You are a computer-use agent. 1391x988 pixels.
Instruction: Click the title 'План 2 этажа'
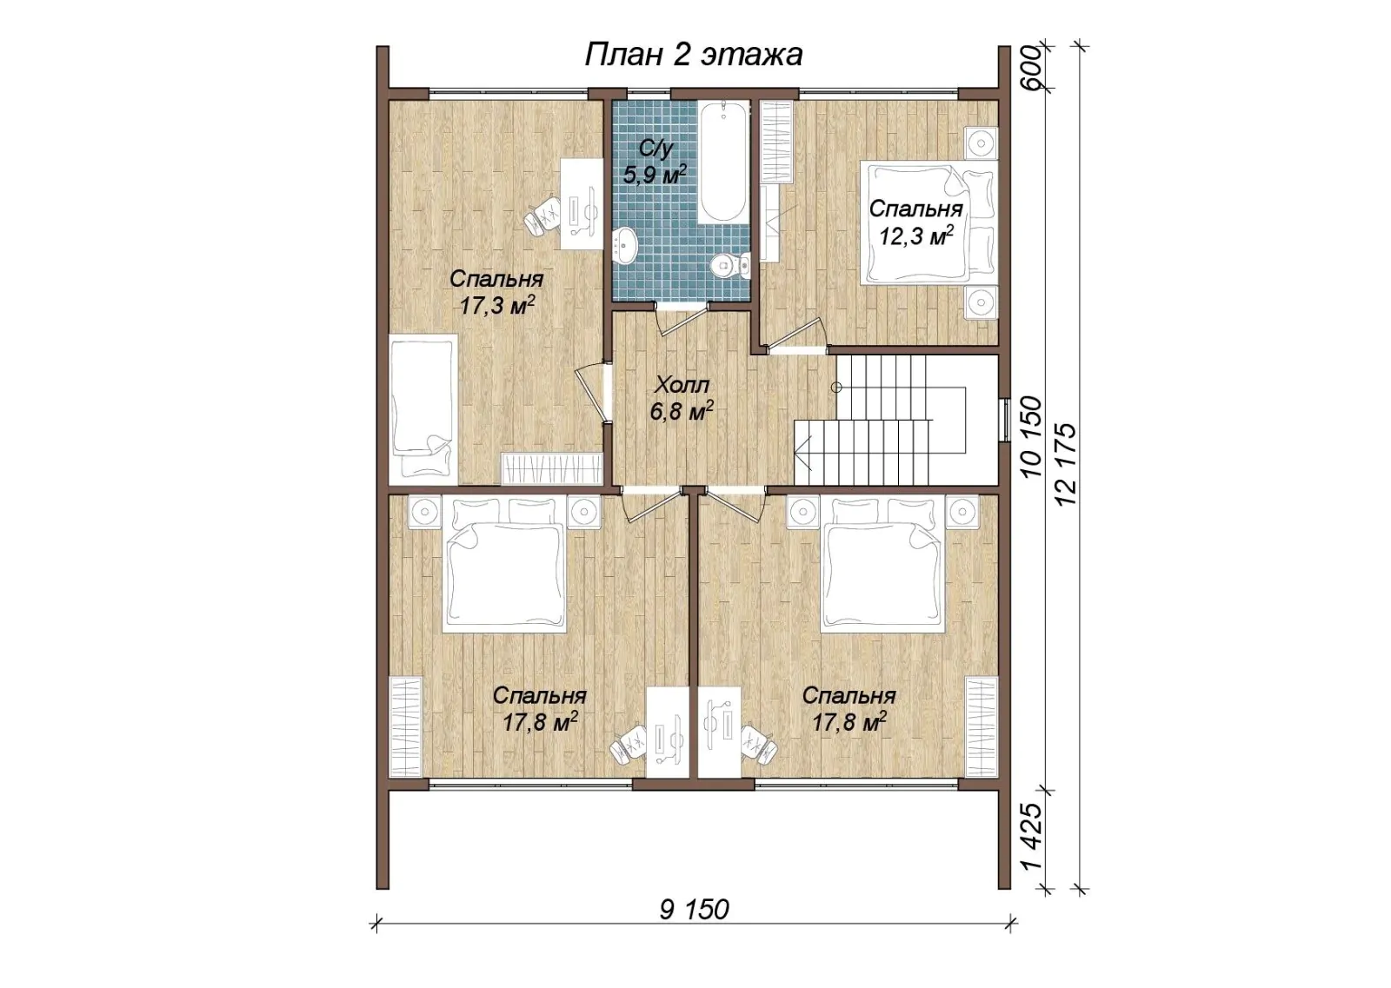(x=693, y=55)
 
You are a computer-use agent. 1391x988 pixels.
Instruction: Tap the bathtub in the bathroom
(x=723, y=162)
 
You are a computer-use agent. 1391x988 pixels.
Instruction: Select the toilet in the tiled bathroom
(x=729, y=265)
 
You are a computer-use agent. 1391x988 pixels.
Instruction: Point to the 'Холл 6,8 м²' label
(x=682, y=398)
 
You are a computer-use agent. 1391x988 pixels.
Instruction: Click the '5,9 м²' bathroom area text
(x=656, y=175)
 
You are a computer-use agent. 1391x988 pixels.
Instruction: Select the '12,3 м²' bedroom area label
(x=916, y=235)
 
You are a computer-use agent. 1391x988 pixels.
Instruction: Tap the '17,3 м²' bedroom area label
(x=496, y=305)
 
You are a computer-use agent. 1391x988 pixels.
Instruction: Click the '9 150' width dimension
(x=694, y=910)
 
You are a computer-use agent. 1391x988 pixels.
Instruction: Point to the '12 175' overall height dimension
(x=1065, y=464)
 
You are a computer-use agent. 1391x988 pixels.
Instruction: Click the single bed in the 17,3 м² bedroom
(x=423, y=409)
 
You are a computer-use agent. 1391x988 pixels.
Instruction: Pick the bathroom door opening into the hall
(x=682, y=319)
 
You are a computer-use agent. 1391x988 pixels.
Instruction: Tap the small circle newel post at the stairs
(x=836, y=388)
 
